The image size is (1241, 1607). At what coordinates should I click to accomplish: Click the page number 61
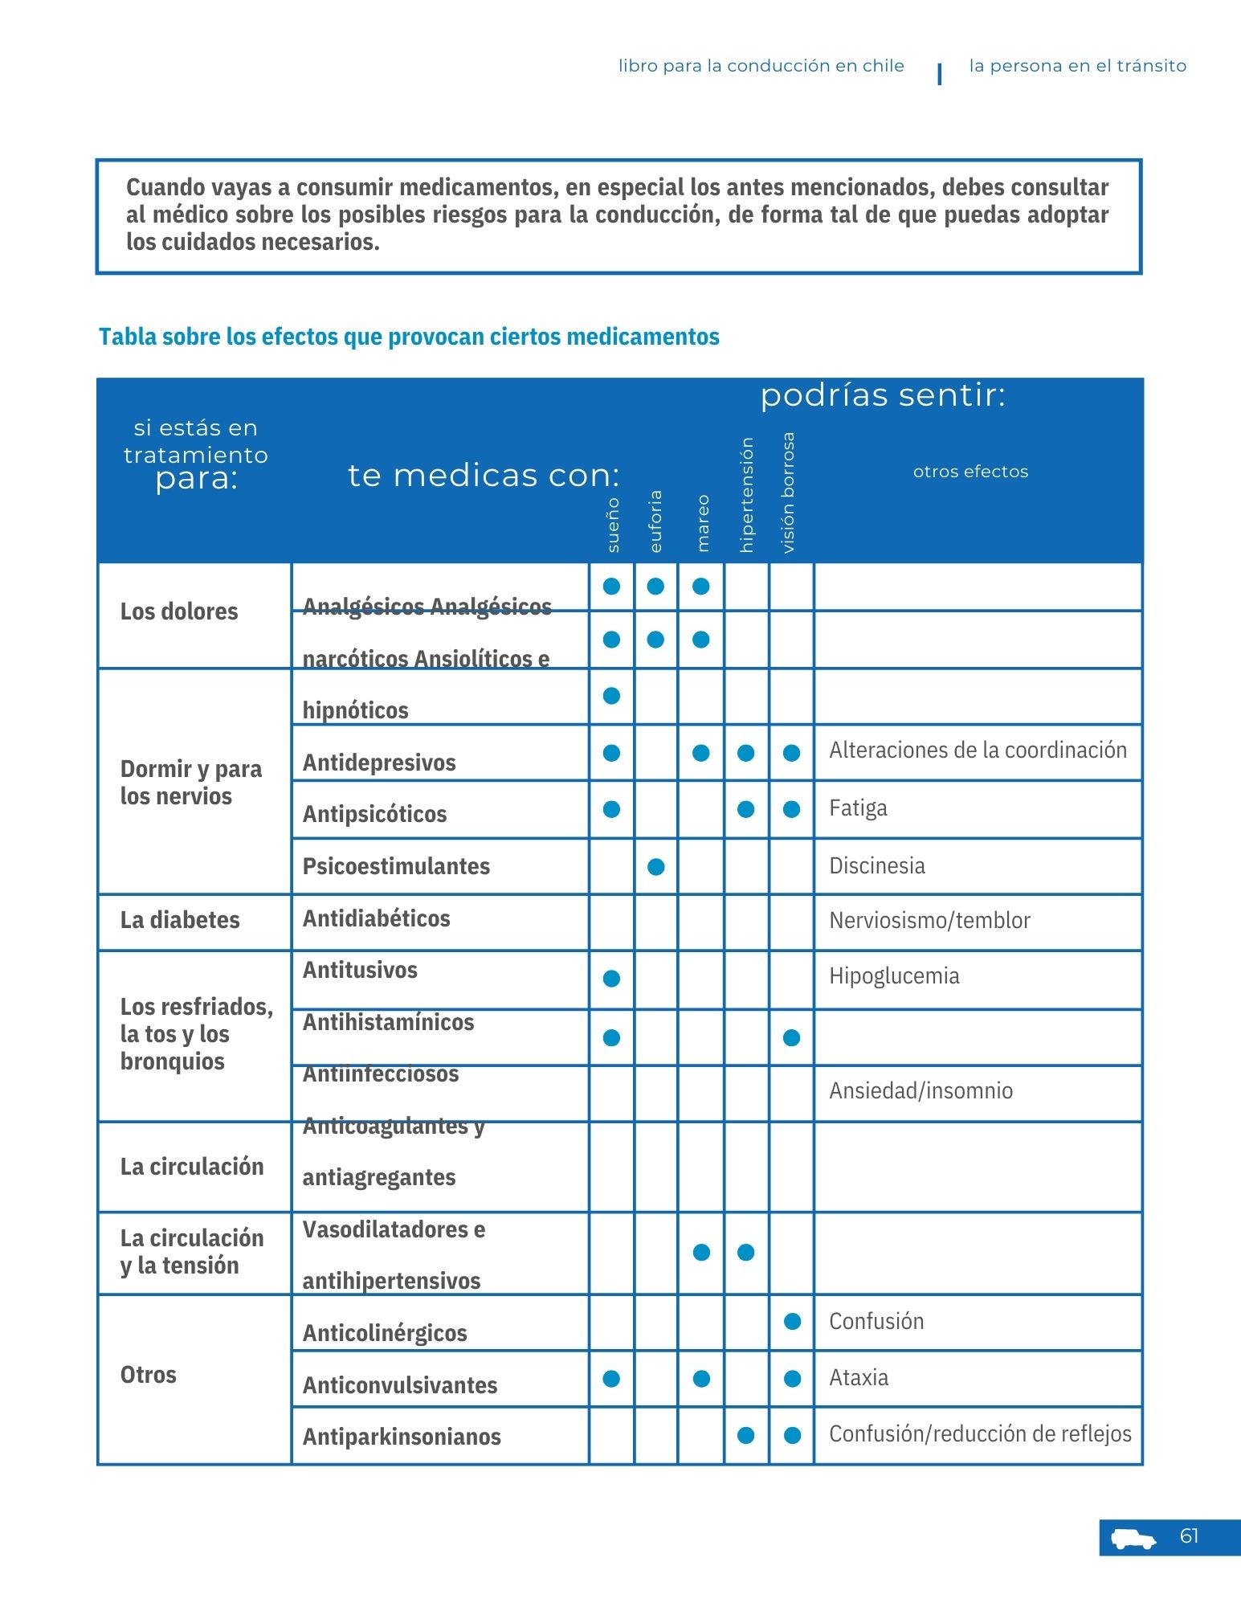[1189, 1536]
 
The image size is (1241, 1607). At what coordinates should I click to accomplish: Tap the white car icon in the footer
[1133, 1539]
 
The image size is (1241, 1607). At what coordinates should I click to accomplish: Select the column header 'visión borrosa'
[789, 493]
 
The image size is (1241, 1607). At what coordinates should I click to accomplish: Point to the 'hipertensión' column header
[746, 495]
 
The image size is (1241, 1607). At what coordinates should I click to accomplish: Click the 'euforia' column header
[655, 521]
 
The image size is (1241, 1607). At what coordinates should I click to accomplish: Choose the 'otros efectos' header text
[970, 472]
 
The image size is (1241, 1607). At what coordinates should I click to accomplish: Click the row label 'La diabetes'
[180, 920]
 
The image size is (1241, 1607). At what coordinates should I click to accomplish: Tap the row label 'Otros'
[149, 1375]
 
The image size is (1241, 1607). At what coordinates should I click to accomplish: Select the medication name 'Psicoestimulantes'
[396, 866]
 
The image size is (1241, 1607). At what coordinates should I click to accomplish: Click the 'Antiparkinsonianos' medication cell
[402, 1437]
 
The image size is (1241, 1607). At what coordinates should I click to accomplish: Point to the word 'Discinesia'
[877, 865]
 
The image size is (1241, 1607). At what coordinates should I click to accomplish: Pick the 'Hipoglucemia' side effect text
[894, 976]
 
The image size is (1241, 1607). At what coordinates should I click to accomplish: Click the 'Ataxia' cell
[859, 1378]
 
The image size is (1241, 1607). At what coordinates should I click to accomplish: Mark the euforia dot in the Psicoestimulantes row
[656, 867]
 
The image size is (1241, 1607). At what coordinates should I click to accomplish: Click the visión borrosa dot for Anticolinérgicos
[792, 1322]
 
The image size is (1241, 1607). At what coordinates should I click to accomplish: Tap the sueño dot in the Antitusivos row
[611, 979]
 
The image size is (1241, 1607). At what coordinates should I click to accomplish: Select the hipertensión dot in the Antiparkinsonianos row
[746, 1435]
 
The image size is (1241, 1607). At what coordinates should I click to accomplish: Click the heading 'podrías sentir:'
[883, 395]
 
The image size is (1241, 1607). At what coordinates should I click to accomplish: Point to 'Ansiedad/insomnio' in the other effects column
[921, 1091]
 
